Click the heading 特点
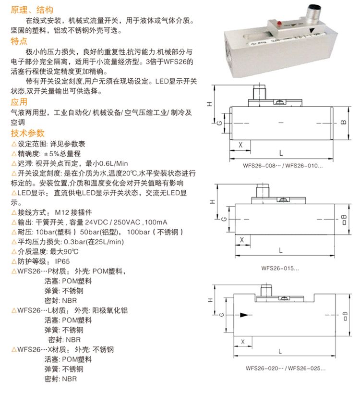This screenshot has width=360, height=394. click(19, 42)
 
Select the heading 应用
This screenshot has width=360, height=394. click(19, 102)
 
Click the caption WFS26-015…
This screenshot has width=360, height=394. click(279, 269)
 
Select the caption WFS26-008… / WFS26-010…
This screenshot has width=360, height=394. click(279, 166)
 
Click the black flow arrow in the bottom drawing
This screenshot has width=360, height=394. click(245, 315)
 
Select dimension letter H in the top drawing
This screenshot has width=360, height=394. click(216, 104)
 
